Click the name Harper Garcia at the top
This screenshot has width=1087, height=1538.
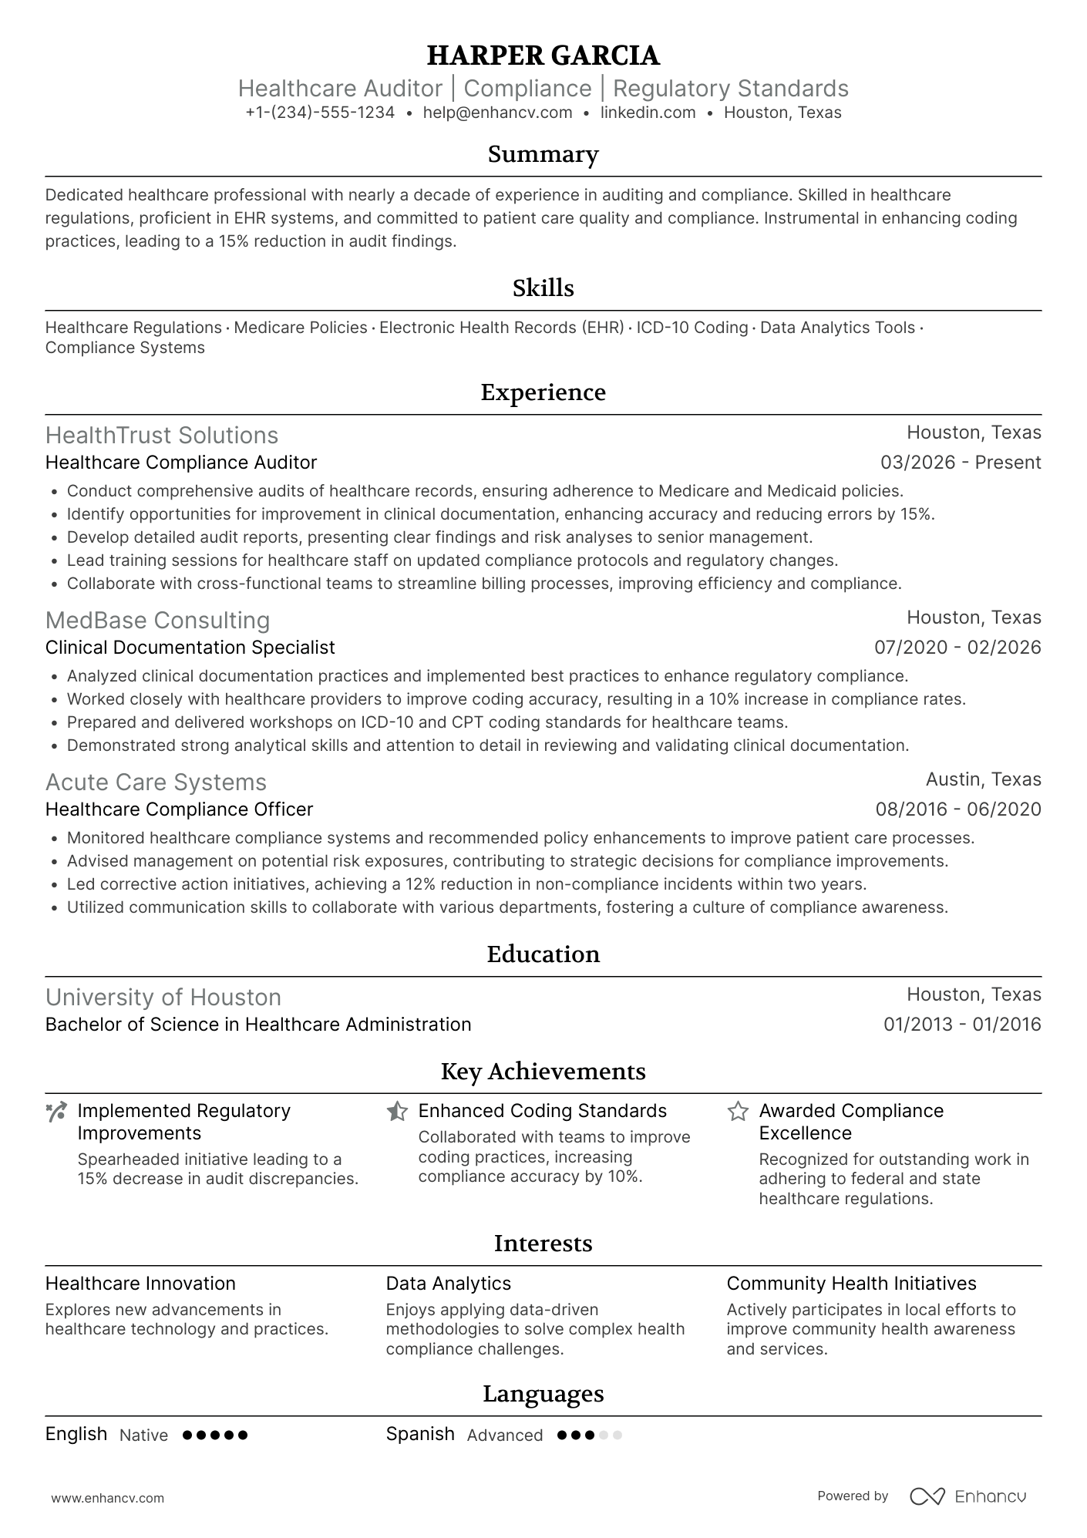pyautogui.click(x=543, y=56)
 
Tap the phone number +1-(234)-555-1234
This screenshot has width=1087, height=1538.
pyautogui.click(x=320, y=113)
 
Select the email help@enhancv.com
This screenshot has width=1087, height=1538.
pyautogui.click(x=497, y=113)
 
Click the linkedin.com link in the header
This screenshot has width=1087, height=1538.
pyautogui.click(x=648, y=113)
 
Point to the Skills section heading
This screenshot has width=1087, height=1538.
pyautogui.click(x=543, y=288)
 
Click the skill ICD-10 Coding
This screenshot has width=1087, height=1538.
pyautogui.click(x=692, y=328)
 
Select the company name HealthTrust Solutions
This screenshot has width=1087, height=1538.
pyautogui.click(x=161, y=436)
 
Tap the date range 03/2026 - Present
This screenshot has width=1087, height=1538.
pyautogui.click(x=960, y=463)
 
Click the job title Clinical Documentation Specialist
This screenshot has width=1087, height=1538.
pyautogui.click(x=190, y=648)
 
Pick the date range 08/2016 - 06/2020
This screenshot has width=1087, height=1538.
pyautogui.click(x=957, y=809)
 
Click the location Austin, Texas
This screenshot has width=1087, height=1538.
pyautogui.click(x=983, y=779)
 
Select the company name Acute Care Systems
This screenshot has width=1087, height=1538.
pyautogui.click(x=156, y=782)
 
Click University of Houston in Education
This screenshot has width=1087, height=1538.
pyautogui.click(x=163, y=998)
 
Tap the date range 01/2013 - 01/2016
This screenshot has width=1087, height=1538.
pyautogui.click(x=961, y=1025)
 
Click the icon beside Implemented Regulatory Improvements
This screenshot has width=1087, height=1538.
pyautogui.click(x=56, y=1112)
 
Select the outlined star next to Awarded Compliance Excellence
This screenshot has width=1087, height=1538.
pyautogui.click(x=738, y=1112)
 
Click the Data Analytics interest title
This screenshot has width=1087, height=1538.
pyautogui.click(x=448, y=1284)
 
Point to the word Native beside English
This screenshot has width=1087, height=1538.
pyautogui.click(x=143, y=1435)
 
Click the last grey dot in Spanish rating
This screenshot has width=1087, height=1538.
pyautogui.click(x=617, y=1435)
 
